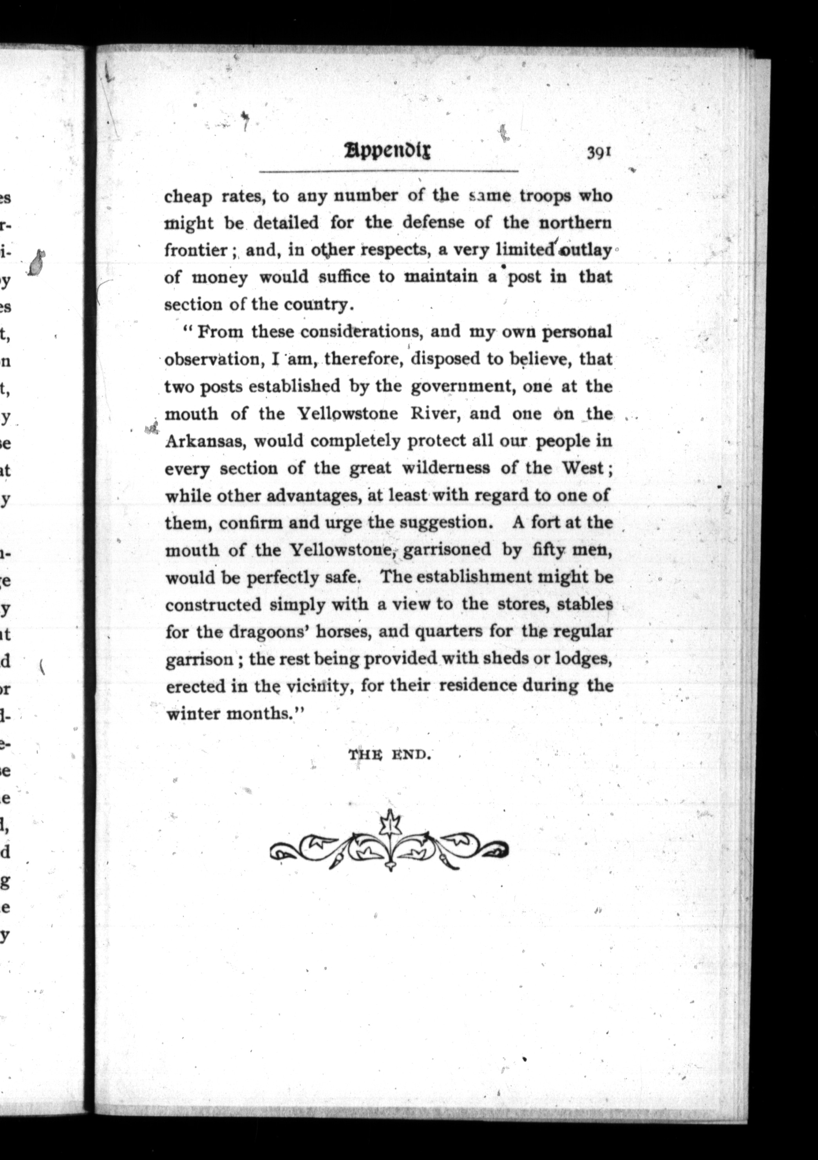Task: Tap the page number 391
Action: [x=599, y=152]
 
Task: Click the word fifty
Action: [x=543, y=550]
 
